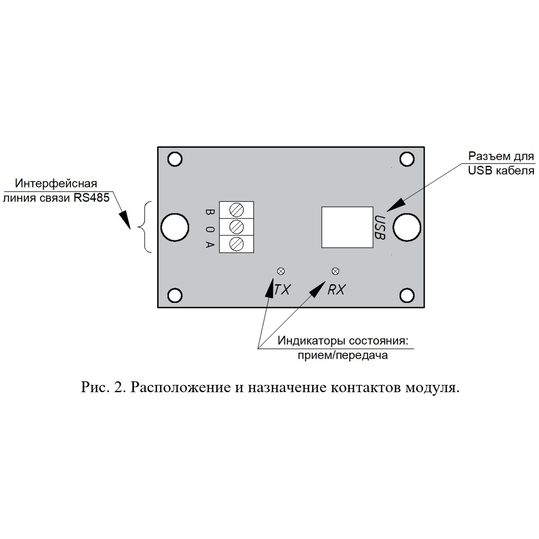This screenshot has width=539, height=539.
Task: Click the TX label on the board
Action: (282, 290)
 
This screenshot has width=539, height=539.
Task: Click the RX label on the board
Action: (336, 290)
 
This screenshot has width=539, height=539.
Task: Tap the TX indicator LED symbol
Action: (281, 271)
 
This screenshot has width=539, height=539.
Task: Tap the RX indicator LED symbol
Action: (336, 271)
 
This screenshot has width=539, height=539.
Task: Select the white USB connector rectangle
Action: (347, 227)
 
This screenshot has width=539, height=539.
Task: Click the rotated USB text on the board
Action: (380, 227)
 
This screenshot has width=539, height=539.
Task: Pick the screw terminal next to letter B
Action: (236, 210)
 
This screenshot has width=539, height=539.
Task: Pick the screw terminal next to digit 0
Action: (236, 227)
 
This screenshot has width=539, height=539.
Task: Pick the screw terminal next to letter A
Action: (236, 244)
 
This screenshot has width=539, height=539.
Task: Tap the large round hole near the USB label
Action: (407, 227)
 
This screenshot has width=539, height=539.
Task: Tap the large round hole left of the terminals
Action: (175, 227)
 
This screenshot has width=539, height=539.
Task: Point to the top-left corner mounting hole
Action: (175, 159)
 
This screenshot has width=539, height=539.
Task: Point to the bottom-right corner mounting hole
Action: (407, 295)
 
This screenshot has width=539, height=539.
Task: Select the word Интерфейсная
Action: (56, 183)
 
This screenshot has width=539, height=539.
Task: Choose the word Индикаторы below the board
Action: (311, 341)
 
